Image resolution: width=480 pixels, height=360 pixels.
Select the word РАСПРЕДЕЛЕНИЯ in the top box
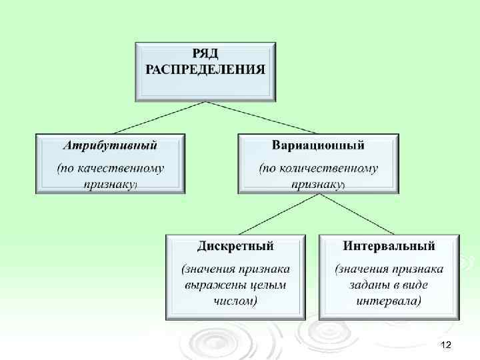pos(205,69)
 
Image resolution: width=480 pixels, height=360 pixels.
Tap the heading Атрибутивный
pos(110,145)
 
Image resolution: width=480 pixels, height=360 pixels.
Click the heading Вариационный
pos(318,145)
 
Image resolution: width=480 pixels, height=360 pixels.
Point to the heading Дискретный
pos(235,245)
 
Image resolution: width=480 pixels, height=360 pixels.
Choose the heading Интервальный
pos(389,245)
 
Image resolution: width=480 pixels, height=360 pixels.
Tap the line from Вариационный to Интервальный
pos(357,213)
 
